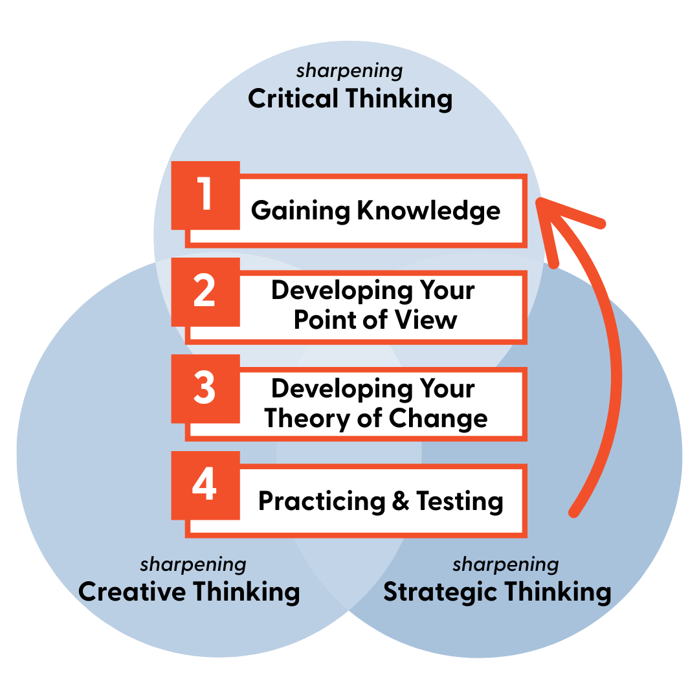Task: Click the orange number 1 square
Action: [206, 195]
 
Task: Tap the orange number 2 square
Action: [206, 292]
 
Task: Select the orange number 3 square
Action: [206, 389]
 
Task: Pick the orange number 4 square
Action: [206, 486]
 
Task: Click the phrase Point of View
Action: [375, 319]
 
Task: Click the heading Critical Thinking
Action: [350, 99]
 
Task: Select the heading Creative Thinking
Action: [189, 592]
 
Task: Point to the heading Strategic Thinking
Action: [497, 592]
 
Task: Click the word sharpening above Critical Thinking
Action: [349, 71]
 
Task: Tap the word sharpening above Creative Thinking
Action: [193, 564]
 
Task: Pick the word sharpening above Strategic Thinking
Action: [505, 564]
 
